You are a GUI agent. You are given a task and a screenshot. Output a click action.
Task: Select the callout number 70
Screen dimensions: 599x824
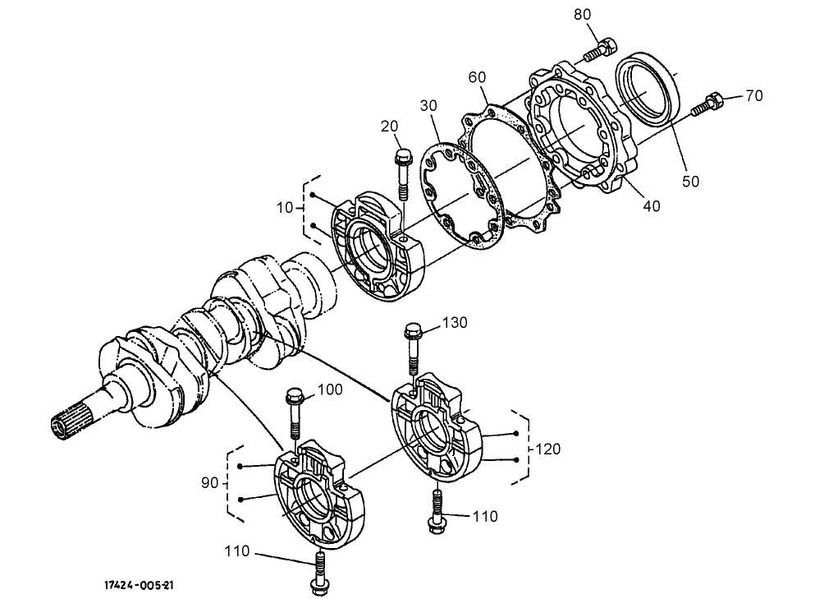point(753,96)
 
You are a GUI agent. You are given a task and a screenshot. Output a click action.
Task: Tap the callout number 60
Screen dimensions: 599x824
point(478,76)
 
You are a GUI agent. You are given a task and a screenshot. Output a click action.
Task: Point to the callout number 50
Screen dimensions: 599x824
point(691,181)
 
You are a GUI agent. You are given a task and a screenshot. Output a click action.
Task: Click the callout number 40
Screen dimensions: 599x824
point(651,206)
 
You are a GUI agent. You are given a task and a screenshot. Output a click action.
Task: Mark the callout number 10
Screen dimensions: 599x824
point(284,208)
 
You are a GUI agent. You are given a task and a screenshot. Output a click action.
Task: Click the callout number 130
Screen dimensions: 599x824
point(455,323)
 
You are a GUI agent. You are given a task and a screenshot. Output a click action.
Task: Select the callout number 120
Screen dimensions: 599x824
point(548,449)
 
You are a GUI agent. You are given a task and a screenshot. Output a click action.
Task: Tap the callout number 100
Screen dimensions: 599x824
point(329,389)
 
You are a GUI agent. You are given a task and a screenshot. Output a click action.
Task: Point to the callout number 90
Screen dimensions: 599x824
point(209,482)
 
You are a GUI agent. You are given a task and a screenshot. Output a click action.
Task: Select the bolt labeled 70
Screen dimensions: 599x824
point(707,104)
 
